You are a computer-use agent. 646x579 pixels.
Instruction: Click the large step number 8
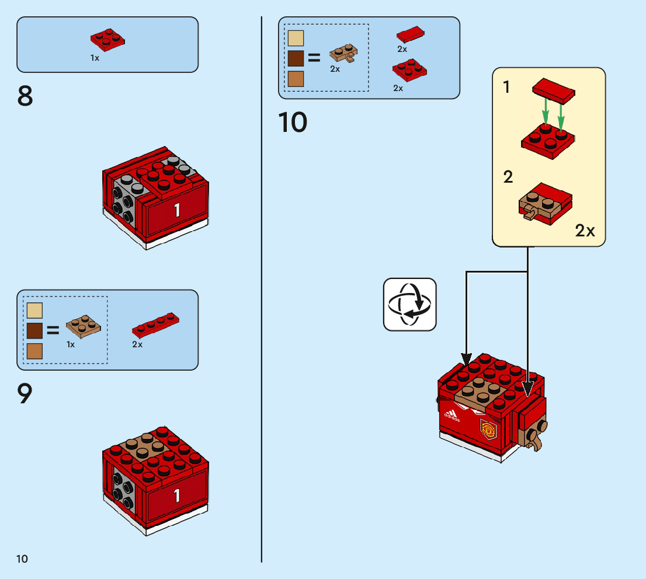(x=25, y=96)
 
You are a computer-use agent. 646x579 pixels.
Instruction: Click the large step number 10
(x=293, y=123)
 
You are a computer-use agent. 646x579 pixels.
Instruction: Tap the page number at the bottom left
(x=22, y=559)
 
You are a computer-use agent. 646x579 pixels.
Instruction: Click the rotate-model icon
(x=409, y=304)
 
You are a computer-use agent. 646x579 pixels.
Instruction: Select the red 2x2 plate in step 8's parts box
(x=107, y=40)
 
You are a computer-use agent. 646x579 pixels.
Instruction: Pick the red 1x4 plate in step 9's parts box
(x=155, y=325)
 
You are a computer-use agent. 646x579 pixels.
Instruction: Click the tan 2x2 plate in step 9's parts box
(x=83, y=326)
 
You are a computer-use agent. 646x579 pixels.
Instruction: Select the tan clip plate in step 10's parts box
(x=343, y=53)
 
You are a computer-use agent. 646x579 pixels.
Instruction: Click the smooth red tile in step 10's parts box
(x=411, y=34)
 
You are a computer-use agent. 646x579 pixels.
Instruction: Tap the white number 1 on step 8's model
(x=177, y=210)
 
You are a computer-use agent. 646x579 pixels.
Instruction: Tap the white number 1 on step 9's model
(x=177, y=496)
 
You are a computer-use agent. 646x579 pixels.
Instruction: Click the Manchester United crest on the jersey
(x=489, y=430)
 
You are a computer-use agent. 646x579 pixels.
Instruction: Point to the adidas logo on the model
(x=451, y=416)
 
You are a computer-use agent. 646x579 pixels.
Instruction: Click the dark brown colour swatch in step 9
(x=34, y=331)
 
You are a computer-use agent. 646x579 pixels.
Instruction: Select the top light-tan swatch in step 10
(x=296, y=38)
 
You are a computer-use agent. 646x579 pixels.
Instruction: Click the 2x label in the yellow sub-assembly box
(x=585, y=231)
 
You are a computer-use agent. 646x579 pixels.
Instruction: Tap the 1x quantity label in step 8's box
(x=95, y=58)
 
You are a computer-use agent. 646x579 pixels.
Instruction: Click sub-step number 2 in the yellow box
(x=508, y=177)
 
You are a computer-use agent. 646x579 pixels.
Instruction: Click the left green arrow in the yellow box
(x=546, y=111)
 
